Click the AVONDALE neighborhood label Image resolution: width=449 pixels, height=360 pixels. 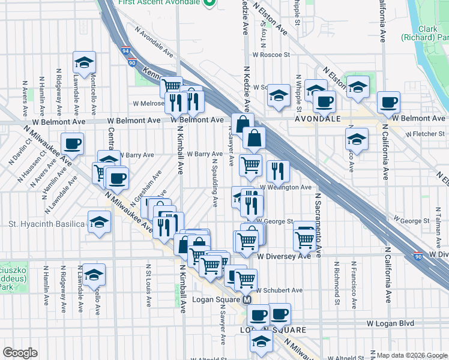tap(317, 119)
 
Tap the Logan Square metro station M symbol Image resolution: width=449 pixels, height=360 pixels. tap(247, 300)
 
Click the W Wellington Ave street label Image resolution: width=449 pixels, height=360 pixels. tap(289, 187)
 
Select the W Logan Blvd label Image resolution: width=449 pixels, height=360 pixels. tap(391, 323)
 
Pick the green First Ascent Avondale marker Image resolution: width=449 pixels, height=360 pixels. tap(209, 4)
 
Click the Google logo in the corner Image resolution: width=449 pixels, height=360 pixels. tap(20, 353)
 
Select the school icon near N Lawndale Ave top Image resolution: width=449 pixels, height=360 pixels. tap(85, 61)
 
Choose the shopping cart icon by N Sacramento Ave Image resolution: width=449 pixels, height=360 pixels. tap(305, 239)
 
